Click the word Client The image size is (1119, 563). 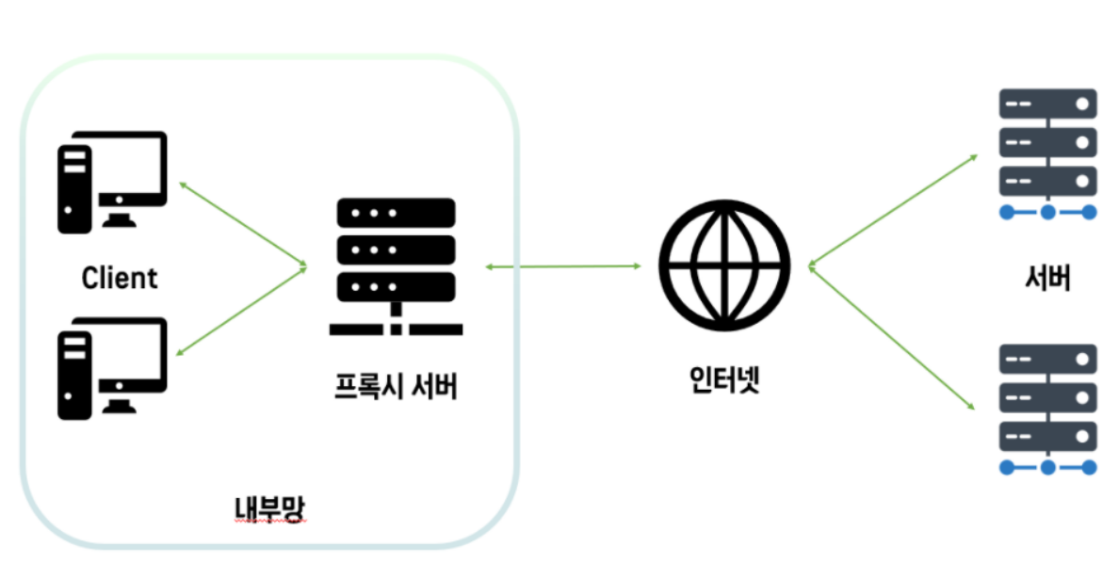(x=120, y=279)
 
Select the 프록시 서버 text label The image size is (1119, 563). (x=396, y=386)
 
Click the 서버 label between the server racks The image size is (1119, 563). (x=1047, y=279)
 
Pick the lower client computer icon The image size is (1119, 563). (x=111, y=368)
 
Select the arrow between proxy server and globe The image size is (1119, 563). (x=563, y=267)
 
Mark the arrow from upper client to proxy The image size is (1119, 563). (x=242, y=224)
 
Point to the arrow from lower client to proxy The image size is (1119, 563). (x=242, y=311)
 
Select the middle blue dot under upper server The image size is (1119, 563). (x=1047, y=213)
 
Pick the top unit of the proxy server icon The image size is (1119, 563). (x=396, y=214)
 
